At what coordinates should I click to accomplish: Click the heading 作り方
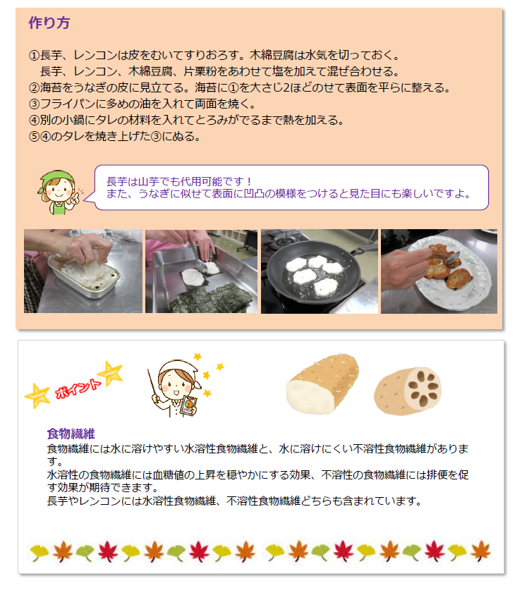click(x=49, y=23)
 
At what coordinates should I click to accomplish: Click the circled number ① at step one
click(x=34, y=55)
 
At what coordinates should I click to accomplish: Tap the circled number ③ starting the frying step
click(x=34, y=104)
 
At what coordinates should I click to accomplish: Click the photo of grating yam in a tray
click(x=83, y=271)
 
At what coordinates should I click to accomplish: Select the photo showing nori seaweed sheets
click(x=201, y=271)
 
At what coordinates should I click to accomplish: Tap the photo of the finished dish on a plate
click(x=439, y=271)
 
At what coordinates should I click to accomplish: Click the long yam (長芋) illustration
click(x=322, y=384)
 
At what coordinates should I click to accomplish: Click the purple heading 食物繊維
click(x=71, y=433)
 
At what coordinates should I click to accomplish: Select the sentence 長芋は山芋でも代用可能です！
click(x=179, y=181)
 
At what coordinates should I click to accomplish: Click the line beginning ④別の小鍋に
click(x=186, y=121)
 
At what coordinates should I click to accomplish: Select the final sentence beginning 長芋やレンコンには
click(x=233, y=501)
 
